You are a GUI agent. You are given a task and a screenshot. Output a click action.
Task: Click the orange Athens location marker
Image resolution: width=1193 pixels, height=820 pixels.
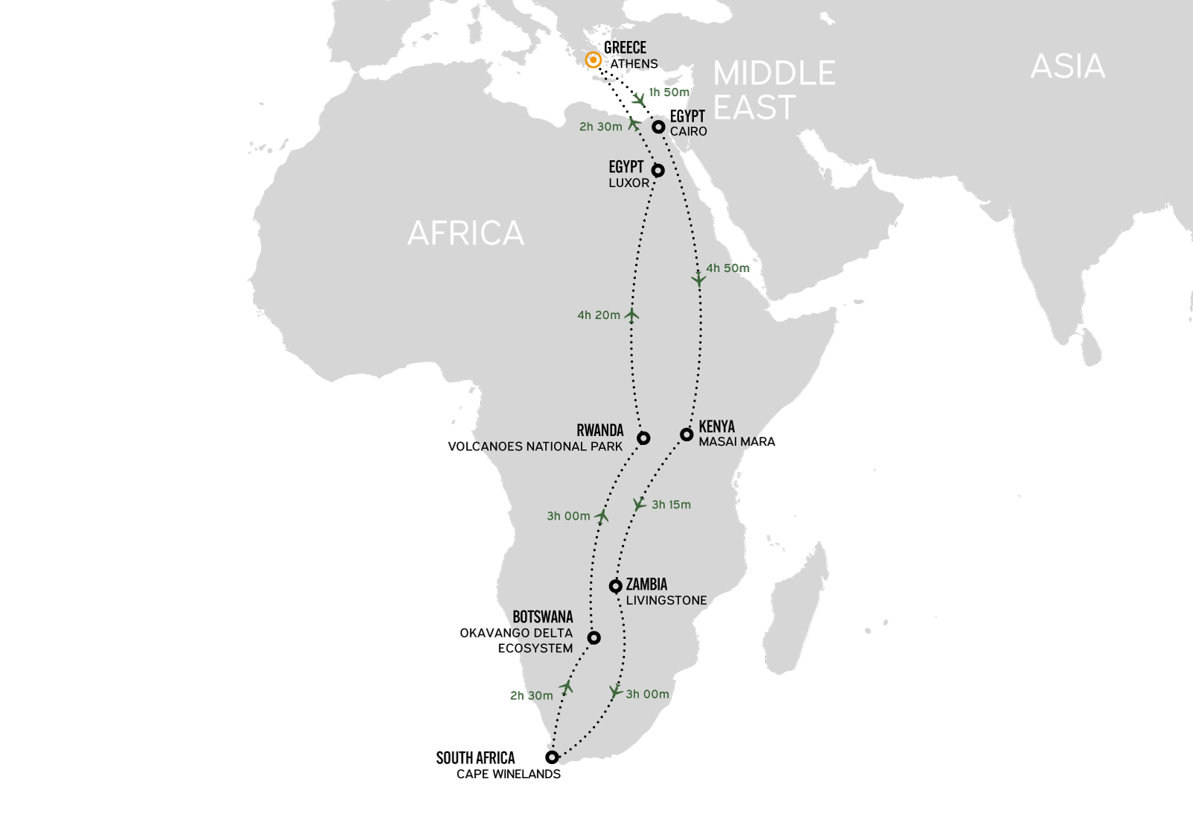coord(593,60)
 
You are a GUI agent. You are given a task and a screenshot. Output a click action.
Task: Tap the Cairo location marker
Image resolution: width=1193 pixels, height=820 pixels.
coord(658,127)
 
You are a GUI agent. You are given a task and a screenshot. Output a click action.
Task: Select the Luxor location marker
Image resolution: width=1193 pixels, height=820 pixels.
coord(658,171)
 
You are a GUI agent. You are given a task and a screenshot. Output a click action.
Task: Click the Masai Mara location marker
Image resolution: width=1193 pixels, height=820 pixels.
coord(687,434)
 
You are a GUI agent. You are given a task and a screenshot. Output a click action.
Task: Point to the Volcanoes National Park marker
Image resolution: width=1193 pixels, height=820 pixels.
coord(643,438)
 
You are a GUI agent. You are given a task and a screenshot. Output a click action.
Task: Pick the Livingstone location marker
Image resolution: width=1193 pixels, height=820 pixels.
coord(615,586)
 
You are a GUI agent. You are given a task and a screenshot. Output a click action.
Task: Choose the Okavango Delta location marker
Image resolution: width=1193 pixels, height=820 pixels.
coord(594,637)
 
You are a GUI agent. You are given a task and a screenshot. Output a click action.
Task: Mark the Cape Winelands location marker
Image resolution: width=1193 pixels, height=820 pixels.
coord(552,757)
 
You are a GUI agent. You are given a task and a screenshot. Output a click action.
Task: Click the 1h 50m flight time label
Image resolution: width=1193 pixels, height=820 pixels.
coord(669,92)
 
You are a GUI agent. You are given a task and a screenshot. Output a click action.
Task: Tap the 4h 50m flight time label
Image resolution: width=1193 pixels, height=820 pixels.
coord(728,268)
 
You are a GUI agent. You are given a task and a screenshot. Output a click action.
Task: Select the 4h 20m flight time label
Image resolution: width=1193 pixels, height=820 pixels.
coord(598,315)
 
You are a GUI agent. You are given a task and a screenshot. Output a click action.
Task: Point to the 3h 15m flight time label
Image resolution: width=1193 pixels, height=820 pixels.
coord(671,505)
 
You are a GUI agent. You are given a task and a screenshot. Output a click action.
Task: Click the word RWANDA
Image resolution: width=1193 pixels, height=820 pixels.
coord(599,430)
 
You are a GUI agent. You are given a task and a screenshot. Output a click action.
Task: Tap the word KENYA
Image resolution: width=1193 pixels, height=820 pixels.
coord(717,426)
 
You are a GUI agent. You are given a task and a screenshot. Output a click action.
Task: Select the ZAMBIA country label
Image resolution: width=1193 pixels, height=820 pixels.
coord(646,584)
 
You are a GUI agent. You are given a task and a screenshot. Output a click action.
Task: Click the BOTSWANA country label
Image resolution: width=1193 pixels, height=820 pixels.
coord(542,617)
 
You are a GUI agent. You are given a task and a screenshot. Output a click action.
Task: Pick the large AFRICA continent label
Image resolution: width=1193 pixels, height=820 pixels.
coord(465,233)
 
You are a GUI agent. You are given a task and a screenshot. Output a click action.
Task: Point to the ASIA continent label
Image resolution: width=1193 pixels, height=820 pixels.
coord(1067,67)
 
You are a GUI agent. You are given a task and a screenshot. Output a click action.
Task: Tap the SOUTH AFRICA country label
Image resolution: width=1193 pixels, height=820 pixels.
coord(475,758)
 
